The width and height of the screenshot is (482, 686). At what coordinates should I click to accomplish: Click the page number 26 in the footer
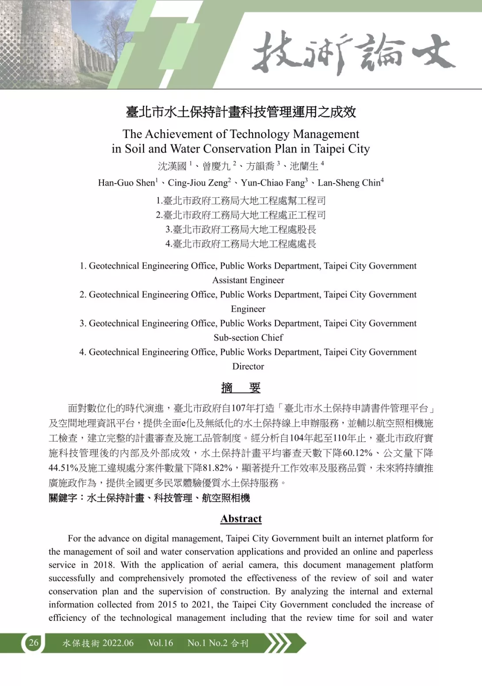click(34, 643)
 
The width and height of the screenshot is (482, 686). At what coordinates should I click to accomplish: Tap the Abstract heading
click(241, 519)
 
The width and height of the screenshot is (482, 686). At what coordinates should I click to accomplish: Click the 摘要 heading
click(241, 388)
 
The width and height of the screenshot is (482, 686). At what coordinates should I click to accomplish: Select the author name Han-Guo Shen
click(126, 183)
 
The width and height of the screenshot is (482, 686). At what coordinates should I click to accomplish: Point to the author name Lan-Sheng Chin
click(349, 183)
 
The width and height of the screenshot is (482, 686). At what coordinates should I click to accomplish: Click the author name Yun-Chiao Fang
click(272, 183)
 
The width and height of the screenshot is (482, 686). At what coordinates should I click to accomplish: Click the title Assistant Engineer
click(248, 280)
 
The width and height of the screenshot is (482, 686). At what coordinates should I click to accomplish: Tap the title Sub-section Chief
click(248, 337)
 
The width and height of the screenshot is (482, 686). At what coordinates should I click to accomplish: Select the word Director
click(248, 366)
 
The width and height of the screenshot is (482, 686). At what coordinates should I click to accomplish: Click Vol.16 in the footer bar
click(161, 643)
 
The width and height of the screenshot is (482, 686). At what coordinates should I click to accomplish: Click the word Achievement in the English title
click(186, 134)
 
